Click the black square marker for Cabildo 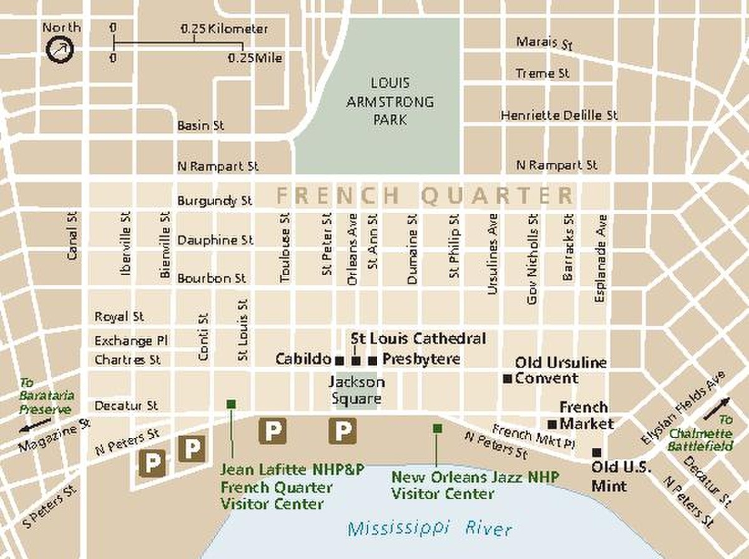coord(339,361)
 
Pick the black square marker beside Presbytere coord(373,361)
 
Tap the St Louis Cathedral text coord(418,339)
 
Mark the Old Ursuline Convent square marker coord(507,378)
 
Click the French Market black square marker coord(552,424)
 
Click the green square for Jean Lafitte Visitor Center coord(232,404)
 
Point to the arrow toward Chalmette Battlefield coord(716,409)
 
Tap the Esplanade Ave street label coord(601,259)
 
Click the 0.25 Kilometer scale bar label coord(224,29)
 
